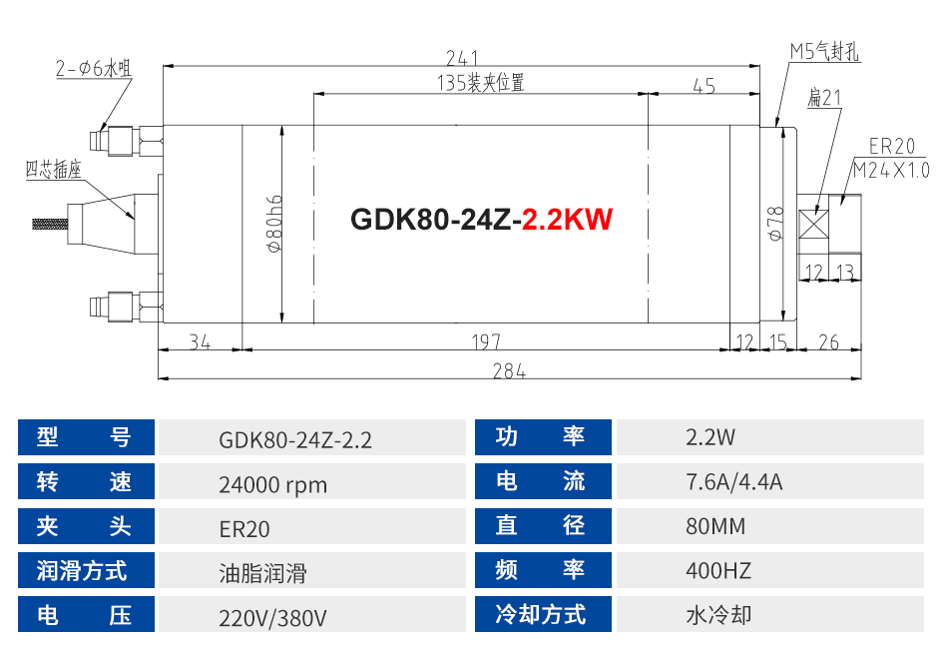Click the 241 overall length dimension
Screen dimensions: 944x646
(x=462, y=58)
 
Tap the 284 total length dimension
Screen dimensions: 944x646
(x=509, y=371)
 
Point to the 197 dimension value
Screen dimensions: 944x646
(x=486, y=342)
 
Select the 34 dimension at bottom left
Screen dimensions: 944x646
(x=200, y=342)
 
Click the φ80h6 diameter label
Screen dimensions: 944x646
(x=274, y=224)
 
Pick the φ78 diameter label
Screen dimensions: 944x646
(x=776, y=224)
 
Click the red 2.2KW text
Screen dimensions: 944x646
(x=567, y=219)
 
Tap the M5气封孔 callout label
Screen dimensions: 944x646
(x=824, y=51)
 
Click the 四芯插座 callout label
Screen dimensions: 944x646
(x=53, y=170)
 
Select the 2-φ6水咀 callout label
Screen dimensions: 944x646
(x=94, y=68)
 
